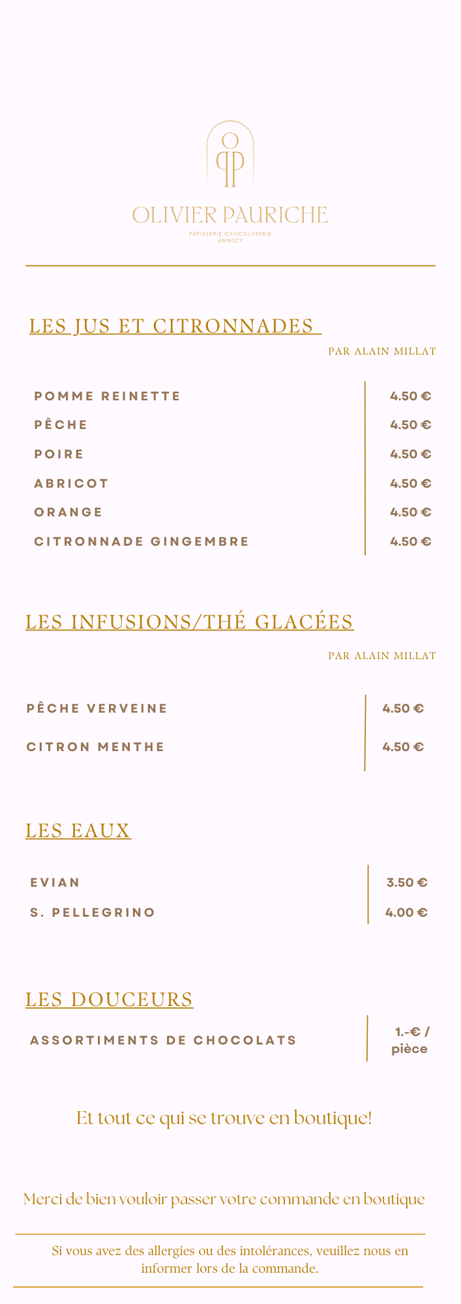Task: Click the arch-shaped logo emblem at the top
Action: coord(230,155)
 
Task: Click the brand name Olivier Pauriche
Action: coord(230,215)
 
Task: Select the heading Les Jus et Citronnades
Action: coord(174,326)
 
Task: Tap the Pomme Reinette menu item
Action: coord(108,396)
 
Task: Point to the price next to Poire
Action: coord(411,454)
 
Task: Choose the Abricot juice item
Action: coord(72,484)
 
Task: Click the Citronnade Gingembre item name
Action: coord(141,542)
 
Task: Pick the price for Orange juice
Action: coord(411,512)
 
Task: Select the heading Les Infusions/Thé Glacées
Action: coord(189,622)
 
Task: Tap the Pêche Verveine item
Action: coord(97,709)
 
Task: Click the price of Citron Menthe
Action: coord(403,747)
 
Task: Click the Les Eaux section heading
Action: coord(78,831)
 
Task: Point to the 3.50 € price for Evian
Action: coord(407,883)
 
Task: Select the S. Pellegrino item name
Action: coord(93,913)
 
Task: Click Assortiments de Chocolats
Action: coord(163,1041)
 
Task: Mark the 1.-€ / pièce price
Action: coord(411,1041)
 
